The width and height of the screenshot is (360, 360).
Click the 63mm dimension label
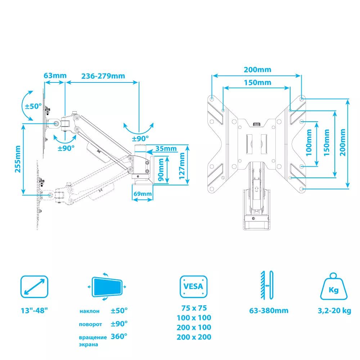click(x=55, y=76)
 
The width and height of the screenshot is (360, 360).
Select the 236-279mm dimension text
click(x=103, y=76)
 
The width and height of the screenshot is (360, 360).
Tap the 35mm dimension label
click(x=166, y=149)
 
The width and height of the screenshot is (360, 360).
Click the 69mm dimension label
click(x=142, y=194)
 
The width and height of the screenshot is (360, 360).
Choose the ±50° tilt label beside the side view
click(x=33, y=107)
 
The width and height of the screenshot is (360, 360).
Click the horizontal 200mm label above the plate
click(x=257, y=69)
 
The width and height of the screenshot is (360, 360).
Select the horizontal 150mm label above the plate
click(x=257, y=82)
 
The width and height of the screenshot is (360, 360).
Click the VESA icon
click(x=194, y=287)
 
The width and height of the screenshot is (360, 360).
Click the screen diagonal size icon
click(x=34, y=287)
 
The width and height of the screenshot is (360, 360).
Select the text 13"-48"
click(x=34, y=311)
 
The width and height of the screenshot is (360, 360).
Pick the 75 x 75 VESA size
click(x=194, y=308)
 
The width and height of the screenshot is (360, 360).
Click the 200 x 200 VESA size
click(x=194, y=337)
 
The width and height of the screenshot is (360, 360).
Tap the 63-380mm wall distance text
click(x=269, y=311)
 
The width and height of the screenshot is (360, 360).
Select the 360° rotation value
click(x=119, y=337)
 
